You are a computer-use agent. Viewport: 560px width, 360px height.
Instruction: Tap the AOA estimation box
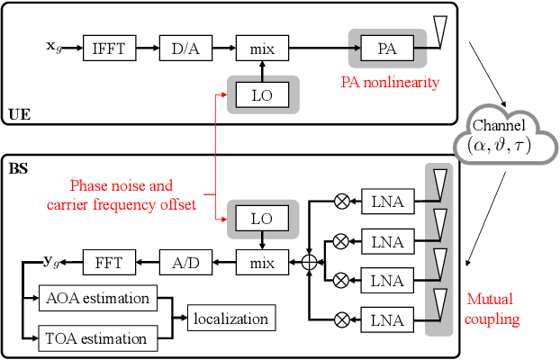point(95,297)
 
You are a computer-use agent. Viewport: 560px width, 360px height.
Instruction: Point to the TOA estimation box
point(95,338)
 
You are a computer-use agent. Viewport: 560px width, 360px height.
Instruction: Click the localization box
point(230,318)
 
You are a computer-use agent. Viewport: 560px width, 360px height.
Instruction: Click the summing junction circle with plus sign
point(309,262)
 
